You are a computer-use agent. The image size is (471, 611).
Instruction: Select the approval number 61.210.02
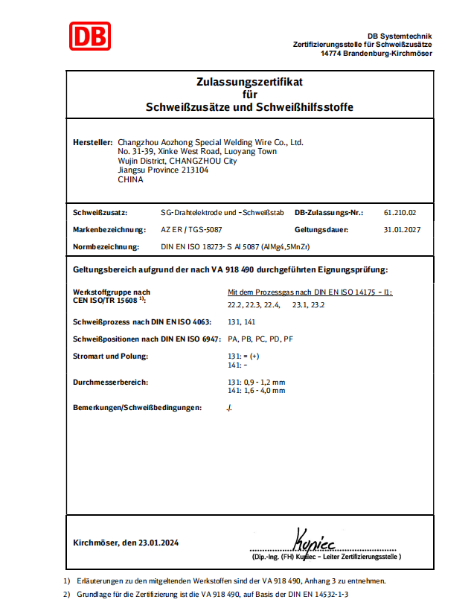point(400,212)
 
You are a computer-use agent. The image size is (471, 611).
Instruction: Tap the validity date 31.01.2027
point(403,230)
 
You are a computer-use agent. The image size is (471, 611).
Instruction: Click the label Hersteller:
point(93,142)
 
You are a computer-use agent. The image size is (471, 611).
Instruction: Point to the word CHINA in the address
point(130,179)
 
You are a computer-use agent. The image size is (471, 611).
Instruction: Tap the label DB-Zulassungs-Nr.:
point(329,212)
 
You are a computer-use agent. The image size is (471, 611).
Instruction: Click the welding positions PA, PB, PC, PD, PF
point(260,339)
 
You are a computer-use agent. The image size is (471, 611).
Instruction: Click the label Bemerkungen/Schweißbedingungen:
point(138,407)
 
